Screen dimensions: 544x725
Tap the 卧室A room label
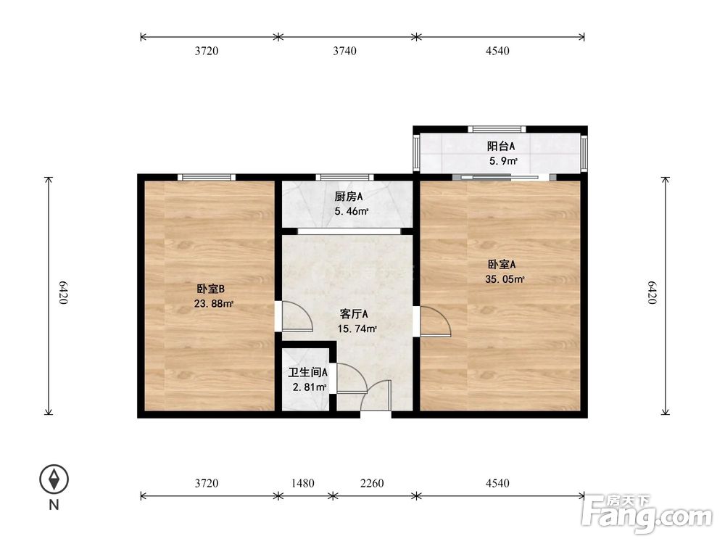501,265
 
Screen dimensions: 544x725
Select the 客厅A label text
355,314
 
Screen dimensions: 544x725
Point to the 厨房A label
349,197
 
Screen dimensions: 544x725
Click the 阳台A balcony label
501,146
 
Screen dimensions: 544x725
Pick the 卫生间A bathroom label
308,372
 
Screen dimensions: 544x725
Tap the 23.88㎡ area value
213,303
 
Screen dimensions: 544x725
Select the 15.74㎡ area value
357,329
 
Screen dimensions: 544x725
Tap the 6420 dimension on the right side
652,296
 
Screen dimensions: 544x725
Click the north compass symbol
54,479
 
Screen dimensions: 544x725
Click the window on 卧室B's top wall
207,177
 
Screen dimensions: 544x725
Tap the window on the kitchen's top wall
345,177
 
